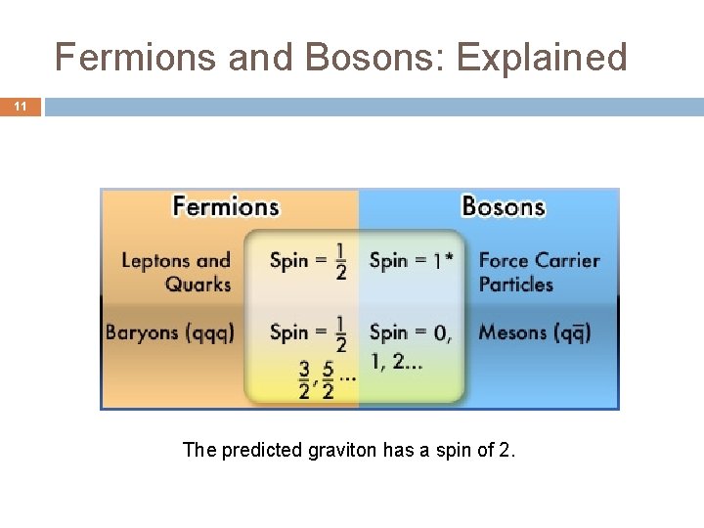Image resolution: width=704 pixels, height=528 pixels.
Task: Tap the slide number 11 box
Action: pos(21,107)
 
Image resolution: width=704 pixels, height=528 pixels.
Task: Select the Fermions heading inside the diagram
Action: pos(226,206)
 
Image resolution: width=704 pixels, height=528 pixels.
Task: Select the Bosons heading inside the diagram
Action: pos(503,206)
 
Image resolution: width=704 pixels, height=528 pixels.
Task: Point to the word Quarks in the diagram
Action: pos(198,285)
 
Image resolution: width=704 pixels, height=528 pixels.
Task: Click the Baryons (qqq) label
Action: pos(170,332)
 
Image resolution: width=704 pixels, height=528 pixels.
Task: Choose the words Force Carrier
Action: pos(539,260)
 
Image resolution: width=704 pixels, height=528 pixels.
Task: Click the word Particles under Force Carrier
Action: pos(516,285)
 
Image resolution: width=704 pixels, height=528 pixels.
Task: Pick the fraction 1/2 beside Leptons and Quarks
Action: pos(340,261)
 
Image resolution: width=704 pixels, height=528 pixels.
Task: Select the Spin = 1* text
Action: pos(411,260)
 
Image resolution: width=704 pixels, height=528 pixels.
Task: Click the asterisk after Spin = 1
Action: pos(449,257)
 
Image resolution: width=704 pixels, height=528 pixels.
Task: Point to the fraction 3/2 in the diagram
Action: pos(304,379)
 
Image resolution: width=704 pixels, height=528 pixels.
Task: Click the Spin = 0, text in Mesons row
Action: pos(411,332)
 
